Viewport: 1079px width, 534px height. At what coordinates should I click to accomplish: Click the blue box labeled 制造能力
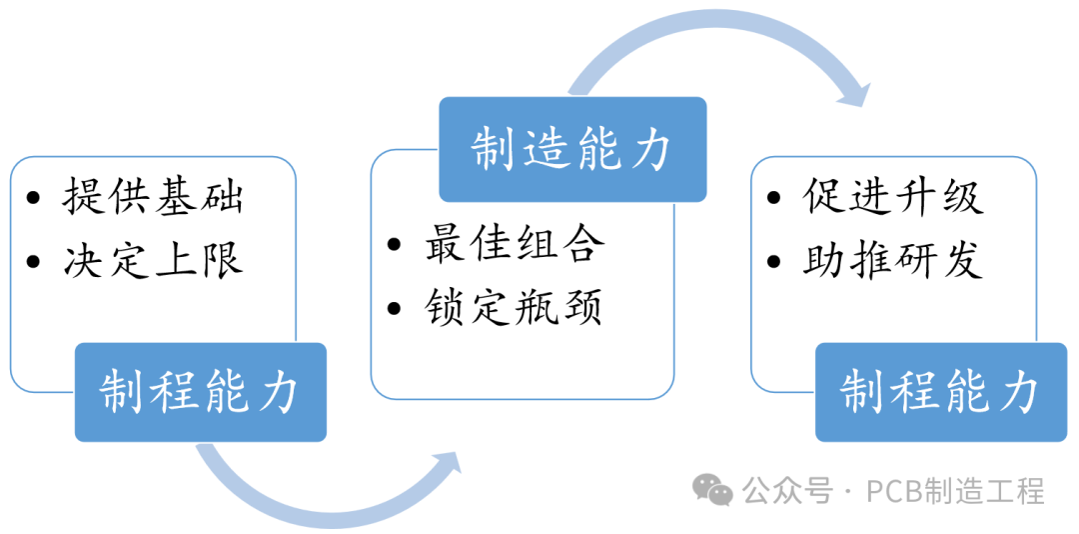[572, 149]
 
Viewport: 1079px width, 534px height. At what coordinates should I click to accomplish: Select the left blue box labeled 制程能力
[200, 391]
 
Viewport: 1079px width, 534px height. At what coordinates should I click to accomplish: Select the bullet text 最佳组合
[515, 244]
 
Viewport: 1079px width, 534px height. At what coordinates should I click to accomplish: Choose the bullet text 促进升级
[892, 197]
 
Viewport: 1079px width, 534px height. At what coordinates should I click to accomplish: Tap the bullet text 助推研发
[892, 261]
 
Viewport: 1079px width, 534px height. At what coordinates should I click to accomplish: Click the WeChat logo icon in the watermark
[713, 490]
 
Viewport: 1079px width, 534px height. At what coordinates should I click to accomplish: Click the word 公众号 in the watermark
[785, 491]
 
